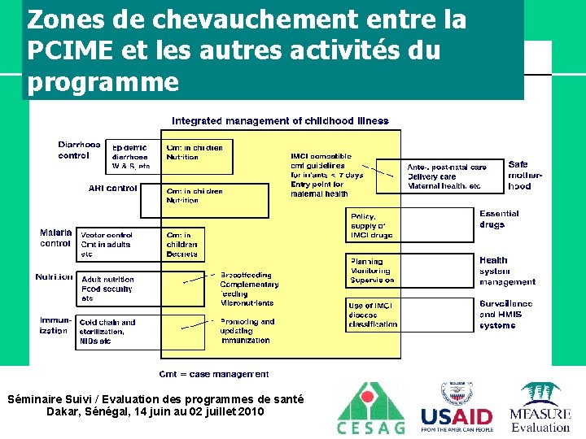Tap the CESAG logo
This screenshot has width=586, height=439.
pyautogui.click(x=370, y=408)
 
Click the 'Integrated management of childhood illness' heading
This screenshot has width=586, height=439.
pyautogui.click(x=280, y=121)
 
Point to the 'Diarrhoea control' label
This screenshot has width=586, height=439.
pyautogui.click(x=79, y=150)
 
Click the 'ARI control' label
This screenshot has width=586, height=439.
pyautogui.click(x=112, y=188)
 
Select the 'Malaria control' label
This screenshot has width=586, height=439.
pyautogui.click(x=55, y=237)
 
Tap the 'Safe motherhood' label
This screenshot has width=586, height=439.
pyautogui.click(x=518, y=175)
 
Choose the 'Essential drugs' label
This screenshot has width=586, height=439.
pyautogui.click(x=499, y=219)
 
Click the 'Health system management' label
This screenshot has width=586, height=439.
pyautogui.click(x=507, y=271)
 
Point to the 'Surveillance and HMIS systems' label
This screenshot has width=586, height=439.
pyautogui.click(x=505, y=314)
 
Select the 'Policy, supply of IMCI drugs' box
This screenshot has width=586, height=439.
pyautogui.click(x=371, y=225)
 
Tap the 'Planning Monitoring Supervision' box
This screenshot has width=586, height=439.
pyautogui.click(x=371, y=271)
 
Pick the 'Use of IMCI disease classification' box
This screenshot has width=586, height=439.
pyautogui.click(x=371, y=315)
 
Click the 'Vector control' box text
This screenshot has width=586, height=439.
pyautogui.click(x=107, y=234)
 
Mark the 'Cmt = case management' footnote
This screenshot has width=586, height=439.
pyautogui.click(x=213, y=374)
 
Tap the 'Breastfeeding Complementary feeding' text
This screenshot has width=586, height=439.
pyautogui.click(x=249, y=285)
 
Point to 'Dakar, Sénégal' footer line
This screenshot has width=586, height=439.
pyautogui.click(x=155, y=411)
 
